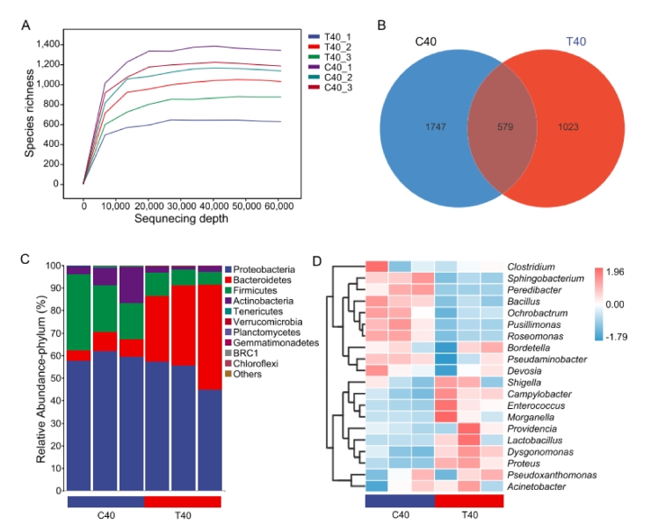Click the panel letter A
pyautogui.click(x=25, y=24)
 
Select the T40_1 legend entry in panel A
pyautogui.click(x=337, y=33)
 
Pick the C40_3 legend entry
pyautogui.click(x=337, y=87)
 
